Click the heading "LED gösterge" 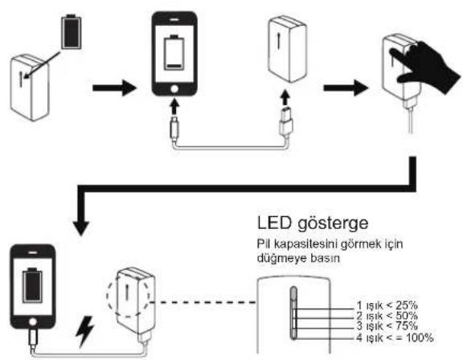[313, 223]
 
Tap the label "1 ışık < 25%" [387, 305]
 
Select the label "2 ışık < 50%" [387, 316]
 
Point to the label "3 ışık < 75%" [387, 326]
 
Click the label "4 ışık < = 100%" [395, 337]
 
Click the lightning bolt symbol [85, 331]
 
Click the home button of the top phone [174, 89]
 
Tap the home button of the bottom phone [32, 321]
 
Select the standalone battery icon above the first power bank [71, 32]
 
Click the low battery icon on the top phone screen [174, 52]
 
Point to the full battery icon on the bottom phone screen [32, 285]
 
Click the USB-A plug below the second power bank [286, 122]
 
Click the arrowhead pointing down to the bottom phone [81, 228]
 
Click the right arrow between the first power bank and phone [114, 88]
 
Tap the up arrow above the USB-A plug [285, 98]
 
